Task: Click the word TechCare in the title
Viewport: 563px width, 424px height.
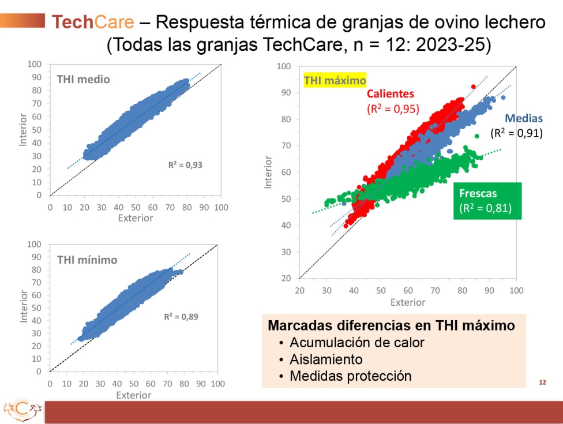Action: click(92, 22)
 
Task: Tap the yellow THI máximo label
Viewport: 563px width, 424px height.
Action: click(335, 81)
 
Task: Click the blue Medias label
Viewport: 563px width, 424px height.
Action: click(523, 119)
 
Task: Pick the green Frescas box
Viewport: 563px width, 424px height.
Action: click(487, 201)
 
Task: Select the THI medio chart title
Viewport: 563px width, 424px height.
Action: click(83, 79)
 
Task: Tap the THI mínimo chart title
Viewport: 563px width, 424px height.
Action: click(87, 260)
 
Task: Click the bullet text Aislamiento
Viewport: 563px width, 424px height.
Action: click(326, 359)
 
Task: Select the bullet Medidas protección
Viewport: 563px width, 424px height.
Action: click(350, 376)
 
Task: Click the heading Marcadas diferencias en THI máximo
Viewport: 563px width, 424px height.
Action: click(391, 325)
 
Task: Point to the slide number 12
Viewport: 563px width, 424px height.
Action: click(542, 382)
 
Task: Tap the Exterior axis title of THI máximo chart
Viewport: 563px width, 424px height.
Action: click(407, 302)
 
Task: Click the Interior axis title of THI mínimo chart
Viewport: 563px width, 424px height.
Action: click(24, 308)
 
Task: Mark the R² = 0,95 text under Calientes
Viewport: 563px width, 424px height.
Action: click(393, 108)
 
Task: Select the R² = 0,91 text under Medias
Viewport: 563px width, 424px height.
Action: click(516, 133)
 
